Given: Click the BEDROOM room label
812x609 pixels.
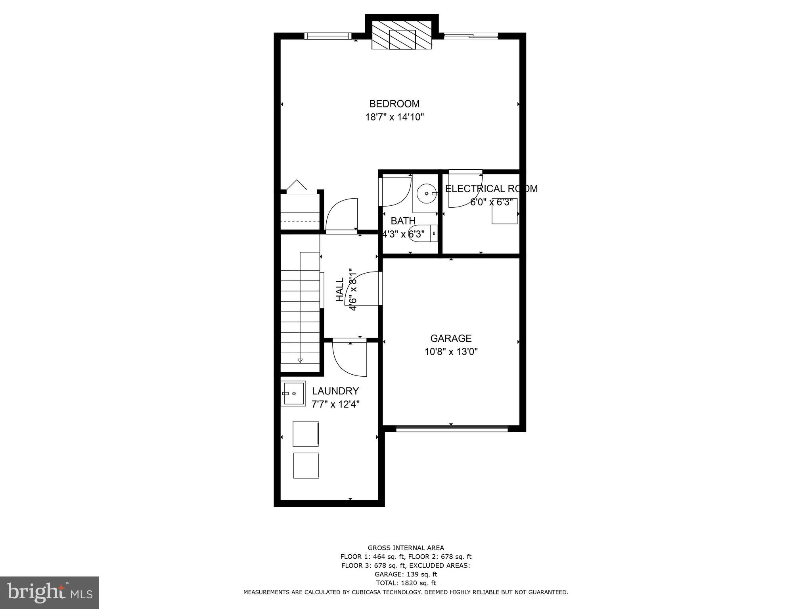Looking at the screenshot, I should tap(394, 104).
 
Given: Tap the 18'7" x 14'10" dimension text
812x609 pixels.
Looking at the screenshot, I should tap(395, 117).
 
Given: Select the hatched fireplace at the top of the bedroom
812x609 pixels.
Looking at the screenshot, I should tap(402, 39).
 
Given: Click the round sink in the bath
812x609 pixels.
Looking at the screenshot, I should tap(426, 193).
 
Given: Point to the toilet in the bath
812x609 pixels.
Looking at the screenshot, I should tap(422, 233).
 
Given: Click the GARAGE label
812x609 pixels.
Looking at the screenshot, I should tap(451, 338).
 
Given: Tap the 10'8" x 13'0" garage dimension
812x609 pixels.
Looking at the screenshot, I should tap(451, 352).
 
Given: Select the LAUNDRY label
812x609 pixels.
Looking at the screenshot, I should tap(335, 391).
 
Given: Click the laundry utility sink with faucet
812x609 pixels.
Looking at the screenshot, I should tap(293, 393).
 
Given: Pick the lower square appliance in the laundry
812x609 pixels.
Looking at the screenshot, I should tap(306, 465).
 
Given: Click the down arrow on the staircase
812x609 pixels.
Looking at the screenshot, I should tap(300, 360).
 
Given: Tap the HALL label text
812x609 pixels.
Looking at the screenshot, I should tap(340, 289).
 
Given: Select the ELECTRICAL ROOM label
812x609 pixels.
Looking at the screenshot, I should tap(491, 189).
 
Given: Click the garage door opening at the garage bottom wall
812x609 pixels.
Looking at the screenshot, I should tap(452, 428).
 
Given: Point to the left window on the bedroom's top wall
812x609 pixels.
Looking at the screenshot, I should tap(327, 36).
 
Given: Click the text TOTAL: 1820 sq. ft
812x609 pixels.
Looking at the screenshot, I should tap(406, 583).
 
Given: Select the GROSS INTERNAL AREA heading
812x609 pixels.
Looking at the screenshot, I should tap(406, 548).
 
